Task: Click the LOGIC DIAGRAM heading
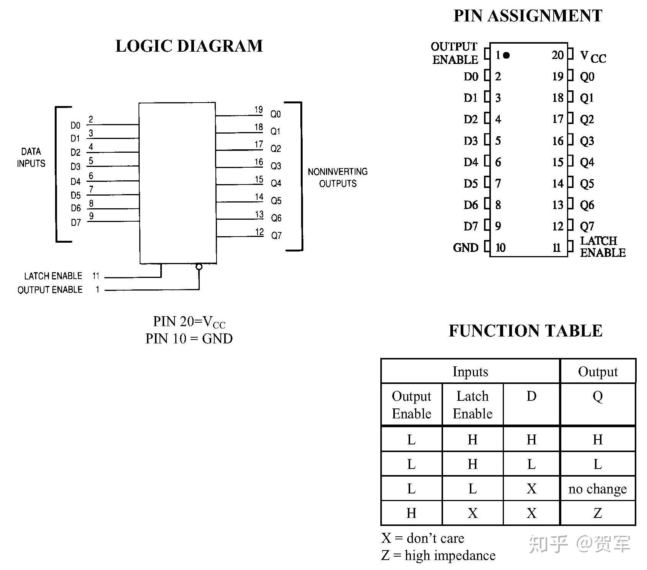pyautogui.click(x=189, y=46)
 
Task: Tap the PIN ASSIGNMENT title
pyautogui.click(x=528, y=16)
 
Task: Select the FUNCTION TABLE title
pyautogui.click(x=525, y=331)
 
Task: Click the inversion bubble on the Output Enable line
pyautogui.click(x=199, y=266)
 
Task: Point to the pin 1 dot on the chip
pyautogui.click(x=506, y=56)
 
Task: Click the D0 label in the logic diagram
pyautogui.click(x=75, y=126)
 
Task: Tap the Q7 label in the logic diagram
pyautogui.click(x=276, y=235)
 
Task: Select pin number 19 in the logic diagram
pyautogui.click(x=259, y=109)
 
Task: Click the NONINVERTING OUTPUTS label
pyautogui.click(x=337, y=178)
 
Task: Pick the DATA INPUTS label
pyautogui.click(x=31, y=157)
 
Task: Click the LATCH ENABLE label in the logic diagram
pyautogui.click(x=53, y=276)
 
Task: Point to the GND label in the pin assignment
pyautogui.click(x=466, y=248)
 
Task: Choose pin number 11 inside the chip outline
pyautogui.click(x=557, y=248)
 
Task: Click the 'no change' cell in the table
pyautogui.click(x=598, y=489)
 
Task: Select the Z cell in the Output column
pyautogui.click(x=598, y=513)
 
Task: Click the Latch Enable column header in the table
pyautogui.click(x=473, y=405)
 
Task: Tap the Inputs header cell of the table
pyautogui.click(x=470, y=372)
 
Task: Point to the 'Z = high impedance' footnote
pyautogui.click(x=438, y=555)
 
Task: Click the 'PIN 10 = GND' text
pyautogui.click(x=189, y=339)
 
